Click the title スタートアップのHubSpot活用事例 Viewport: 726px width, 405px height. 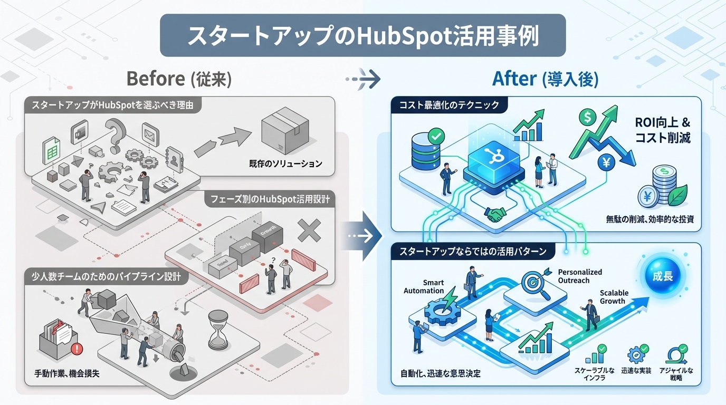point(362,35)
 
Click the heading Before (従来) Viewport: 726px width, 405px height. point(179,79)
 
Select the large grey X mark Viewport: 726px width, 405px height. point(309,230)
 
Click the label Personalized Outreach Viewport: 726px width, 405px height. point(579,276)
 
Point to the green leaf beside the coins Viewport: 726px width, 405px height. point(679,195)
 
